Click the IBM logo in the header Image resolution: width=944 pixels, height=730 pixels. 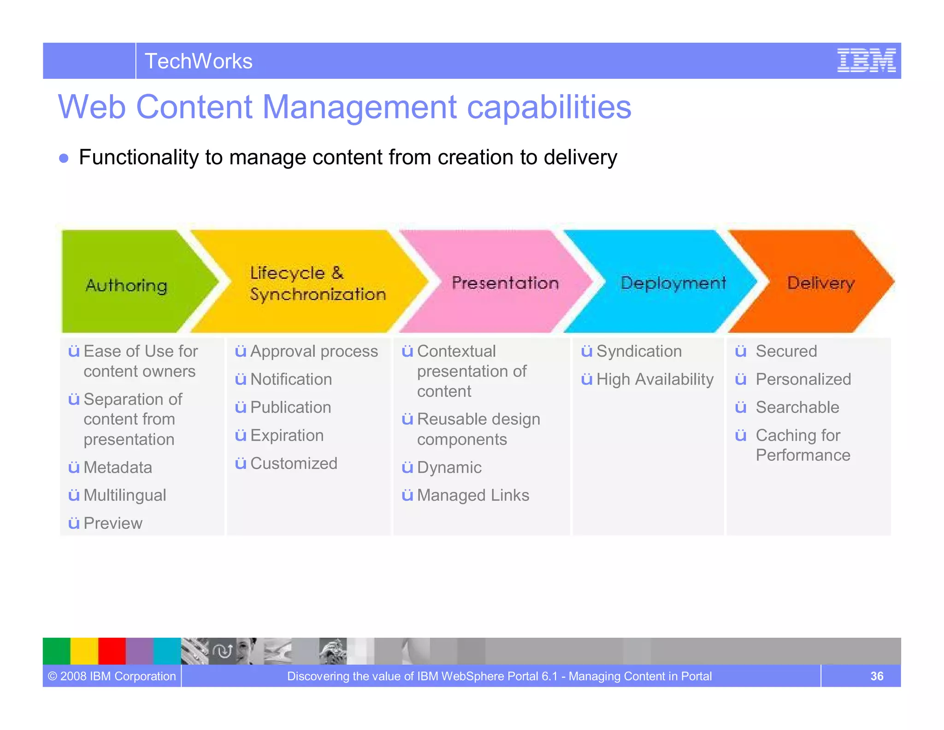click(866, 60)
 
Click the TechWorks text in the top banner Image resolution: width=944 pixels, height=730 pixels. click(199, 61)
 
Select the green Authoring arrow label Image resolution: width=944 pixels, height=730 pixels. click(126, 285)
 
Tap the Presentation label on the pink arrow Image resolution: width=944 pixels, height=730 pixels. click(505, 282)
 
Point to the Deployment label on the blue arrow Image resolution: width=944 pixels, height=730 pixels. click(673, 282)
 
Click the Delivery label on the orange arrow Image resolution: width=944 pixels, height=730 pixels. click(820, 282)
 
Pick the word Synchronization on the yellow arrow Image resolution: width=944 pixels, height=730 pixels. click(318, 294)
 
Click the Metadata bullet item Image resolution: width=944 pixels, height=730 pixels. click(118, 467)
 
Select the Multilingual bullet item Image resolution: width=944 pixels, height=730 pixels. click(124, 495)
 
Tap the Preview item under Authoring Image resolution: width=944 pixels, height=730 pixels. click(112, 523)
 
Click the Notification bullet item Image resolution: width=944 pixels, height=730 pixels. click(291, 379)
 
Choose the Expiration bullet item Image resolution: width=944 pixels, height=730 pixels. click(287, 436)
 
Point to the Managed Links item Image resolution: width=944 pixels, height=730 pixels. click(473, 495)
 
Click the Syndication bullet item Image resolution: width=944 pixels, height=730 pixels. click(639, 351)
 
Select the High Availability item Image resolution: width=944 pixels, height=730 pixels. click(655, 379)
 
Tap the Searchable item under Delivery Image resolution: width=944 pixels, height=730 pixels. click(797, 407)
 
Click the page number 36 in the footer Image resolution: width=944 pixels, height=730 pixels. click(876, 676)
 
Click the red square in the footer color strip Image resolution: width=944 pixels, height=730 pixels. click(112, 651)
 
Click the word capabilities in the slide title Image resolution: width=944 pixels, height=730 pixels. click(549, 107)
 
